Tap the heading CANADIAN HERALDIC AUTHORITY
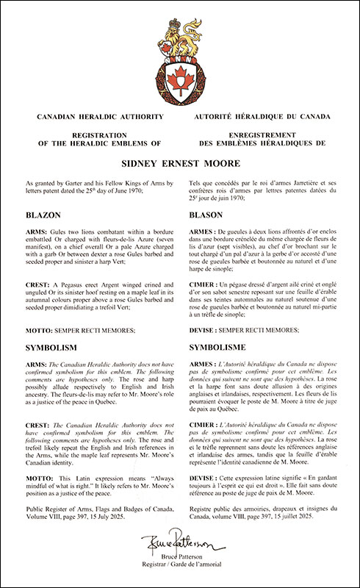coord(94,116)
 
